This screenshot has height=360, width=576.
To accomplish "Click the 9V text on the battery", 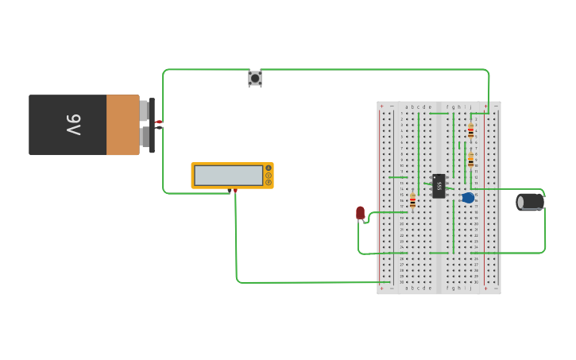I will [x=72, y=125].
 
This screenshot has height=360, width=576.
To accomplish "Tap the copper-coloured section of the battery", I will [x=122, y=125].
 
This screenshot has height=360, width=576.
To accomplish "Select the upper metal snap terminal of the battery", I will [x=145, y=110].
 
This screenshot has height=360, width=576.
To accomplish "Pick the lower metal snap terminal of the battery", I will [x=145, y=138].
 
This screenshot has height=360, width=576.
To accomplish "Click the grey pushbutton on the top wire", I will [x=255, y=78].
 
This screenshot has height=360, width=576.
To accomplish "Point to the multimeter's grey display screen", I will [x=229, y=175].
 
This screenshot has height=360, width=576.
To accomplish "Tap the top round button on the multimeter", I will [x=269, y=168].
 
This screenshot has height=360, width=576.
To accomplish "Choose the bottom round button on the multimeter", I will [x=269, y=183].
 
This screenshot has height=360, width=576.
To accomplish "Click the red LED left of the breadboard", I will [x=361, y=212].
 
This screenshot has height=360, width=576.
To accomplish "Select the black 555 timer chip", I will [x=439, y=185].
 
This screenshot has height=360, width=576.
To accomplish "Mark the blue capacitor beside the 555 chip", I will [x=468, y=197].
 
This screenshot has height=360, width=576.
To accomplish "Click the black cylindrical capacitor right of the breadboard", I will [x=530, y=202].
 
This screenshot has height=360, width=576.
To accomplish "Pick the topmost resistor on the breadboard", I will [x=470, y=131].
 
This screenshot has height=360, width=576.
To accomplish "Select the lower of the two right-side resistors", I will [x=470, y=160].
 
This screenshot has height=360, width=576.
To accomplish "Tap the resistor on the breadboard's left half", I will [x=412, y=201].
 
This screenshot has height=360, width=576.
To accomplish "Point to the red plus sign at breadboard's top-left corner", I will [x=381, y=106].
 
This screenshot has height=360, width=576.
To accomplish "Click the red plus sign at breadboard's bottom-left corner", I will [x=381, y=289].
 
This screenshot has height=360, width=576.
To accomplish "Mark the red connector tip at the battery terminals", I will [x=159, y=122].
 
